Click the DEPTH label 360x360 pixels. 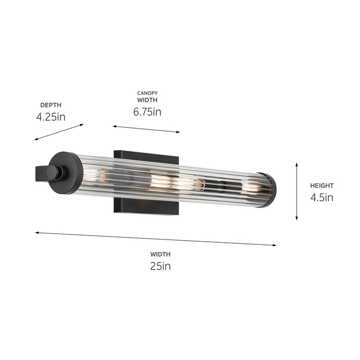(x=50, y=104)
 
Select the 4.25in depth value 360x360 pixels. (x=51, y=117)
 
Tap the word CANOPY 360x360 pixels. (x=147, y=93)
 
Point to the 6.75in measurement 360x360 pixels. (x=147, y=112)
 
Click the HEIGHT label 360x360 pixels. (x=321, y=186)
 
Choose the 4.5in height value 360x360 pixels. (x=321, y=197)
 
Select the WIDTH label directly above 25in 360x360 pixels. (x=160, y=254)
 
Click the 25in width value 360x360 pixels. (x=160, y=266)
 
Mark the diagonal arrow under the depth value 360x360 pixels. (x=59, y=132)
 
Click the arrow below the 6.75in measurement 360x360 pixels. (x=146, y=129)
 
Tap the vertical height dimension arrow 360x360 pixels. (x=297, y=191)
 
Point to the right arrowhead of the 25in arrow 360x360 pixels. (x=274, y=245)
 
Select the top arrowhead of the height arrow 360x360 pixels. (x=297, y=165)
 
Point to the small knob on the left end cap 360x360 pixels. (x=53, y=172)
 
